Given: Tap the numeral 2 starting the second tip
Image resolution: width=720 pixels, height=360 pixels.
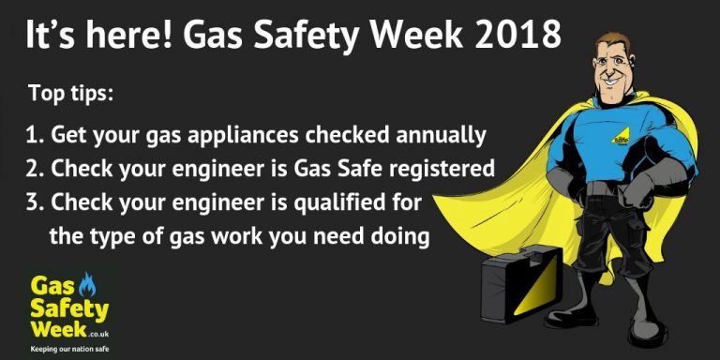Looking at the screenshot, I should pyautogui.click(x=32, y=170).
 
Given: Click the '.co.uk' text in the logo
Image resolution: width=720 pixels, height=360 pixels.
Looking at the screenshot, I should pyautogui.click(x=100, y=332).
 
